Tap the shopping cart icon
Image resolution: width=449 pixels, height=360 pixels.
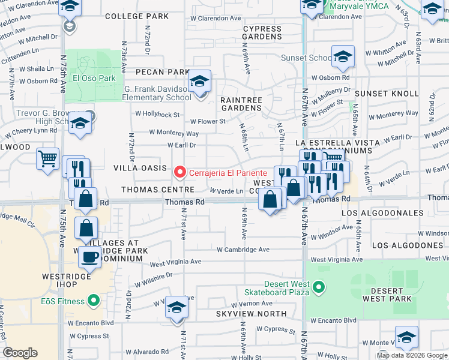point(47,160)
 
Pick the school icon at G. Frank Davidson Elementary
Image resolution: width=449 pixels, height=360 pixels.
point(199,82)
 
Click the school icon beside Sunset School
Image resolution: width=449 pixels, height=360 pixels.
point(343,57)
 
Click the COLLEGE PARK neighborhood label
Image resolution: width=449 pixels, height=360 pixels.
point(137,16)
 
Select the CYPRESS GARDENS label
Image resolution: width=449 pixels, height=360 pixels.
point(262,32)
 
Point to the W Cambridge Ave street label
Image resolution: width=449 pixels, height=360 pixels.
point(243,250)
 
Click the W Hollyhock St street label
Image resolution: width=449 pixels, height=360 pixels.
point(157,114)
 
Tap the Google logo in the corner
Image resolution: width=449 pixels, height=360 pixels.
point(20,353)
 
